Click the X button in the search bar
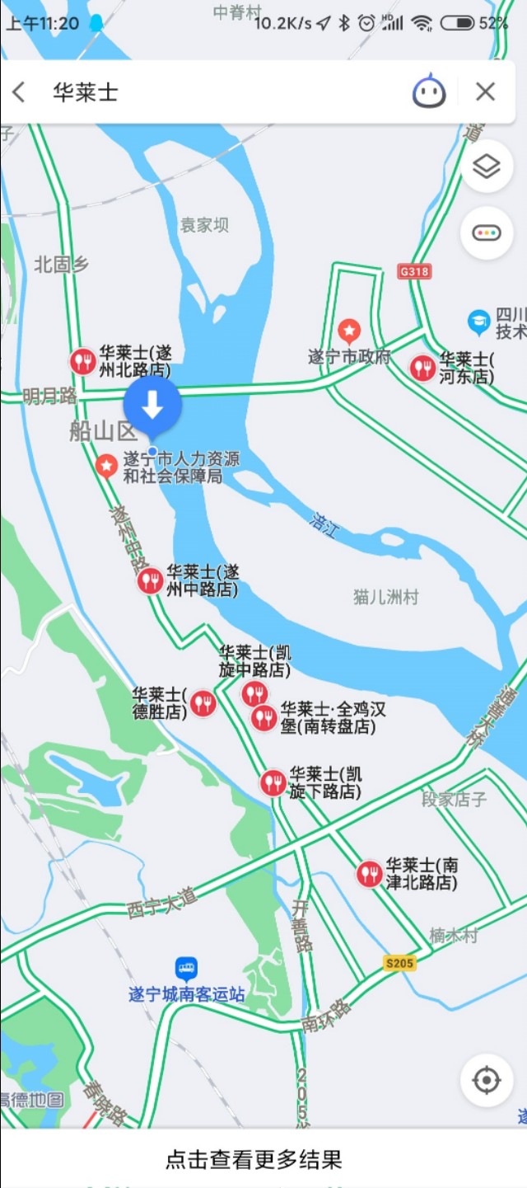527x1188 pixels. pyautogui.click(x=486, y=92)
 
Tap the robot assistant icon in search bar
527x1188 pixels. pyautogui.click(x=429, y=91)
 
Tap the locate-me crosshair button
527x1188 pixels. pyautogui.click(x=486, y=1079)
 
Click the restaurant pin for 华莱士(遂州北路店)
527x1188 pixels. pyautogui.click(x=82, y=361)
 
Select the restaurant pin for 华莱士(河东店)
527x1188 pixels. pyautogui.click(x=422, y=367)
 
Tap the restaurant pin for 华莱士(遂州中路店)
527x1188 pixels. pyautogui.click(x=150, y=580)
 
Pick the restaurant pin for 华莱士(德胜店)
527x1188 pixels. pyautogui.click(x=203, y=703)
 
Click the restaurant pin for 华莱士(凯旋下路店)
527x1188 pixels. pyautogui.click(x=273, y=782)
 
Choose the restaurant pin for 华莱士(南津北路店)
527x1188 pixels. pyautogui.click(x=370, y=873)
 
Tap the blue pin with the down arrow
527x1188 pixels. pyautogui.click(x=152, y=406)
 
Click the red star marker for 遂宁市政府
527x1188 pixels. pyautogui.click(x=349, y=331)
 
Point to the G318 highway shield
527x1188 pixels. pyautogui.click(x=414, y=271)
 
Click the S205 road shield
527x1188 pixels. pyautogui.click(x=399, y=963)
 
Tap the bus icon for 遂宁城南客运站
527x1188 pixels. pyautogui.click(x=187, y=968)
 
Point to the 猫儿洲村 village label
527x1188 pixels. pyautogui.click(x=385, y=596)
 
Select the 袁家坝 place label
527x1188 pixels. pyautogui.click(x=204, y=224)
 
